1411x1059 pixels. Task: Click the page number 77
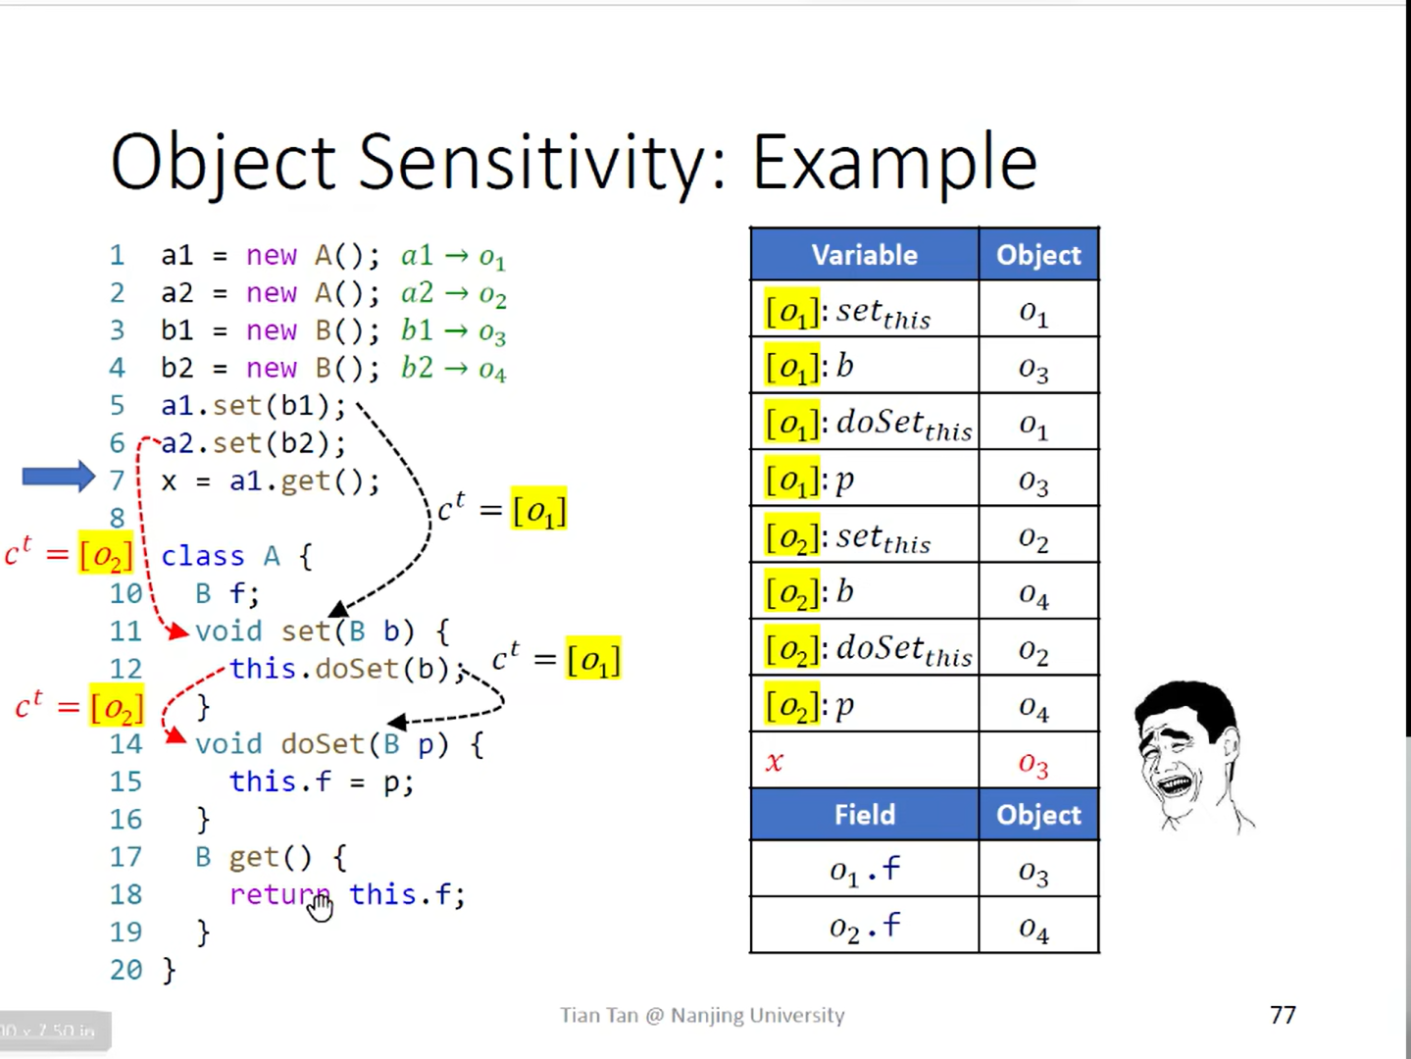[x=1283, y=1015]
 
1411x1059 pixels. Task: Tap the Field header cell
[x=864, y=815]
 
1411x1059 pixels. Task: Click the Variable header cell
[x=864, y=255]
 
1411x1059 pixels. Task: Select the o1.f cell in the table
[x=864, y=870]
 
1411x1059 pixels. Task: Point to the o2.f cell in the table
[x=864, y=926]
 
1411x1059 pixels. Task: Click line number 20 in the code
[x=126, y=970]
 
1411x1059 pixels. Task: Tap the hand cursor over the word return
[x=320, y=908]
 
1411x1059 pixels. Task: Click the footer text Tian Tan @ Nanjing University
[x=702, y=1015]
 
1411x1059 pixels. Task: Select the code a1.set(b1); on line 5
[x=253, y=406]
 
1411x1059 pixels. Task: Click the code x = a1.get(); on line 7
[x=270, y=481]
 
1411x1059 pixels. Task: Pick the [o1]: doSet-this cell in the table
[x=867, y=424]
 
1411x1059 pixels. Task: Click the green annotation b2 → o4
[x=453, y=369]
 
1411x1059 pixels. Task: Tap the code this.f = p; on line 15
[x=321, y=782]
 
